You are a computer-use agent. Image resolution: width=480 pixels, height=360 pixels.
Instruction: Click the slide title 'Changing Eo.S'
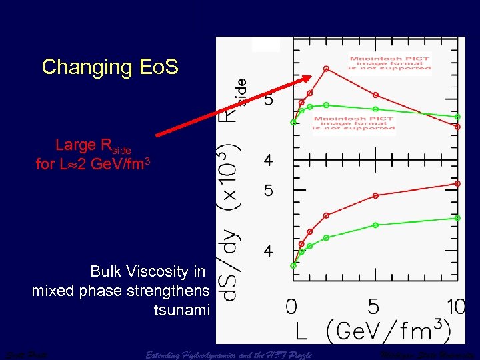pos(110,67)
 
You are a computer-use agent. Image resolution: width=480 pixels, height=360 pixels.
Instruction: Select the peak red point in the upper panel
pos(326,68)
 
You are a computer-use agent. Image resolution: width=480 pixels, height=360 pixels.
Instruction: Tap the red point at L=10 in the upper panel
pos(457,126)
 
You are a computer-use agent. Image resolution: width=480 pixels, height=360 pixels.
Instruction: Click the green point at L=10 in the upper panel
pos(457,117)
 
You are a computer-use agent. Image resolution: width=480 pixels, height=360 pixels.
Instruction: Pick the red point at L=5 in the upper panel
pos(375,95)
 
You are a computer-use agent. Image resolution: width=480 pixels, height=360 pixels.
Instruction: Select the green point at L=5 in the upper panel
pos(375,108)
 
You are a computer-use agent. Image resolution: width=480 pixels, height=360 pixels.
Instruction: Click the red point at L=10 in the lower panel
pos(457,183)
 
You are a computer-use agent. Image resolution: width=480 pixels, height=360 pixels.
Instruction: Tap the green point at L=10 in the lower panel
pos(457,217)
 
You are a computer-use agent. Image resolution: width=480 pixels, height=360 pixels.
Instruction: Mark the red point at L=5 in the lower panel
pos(375,195)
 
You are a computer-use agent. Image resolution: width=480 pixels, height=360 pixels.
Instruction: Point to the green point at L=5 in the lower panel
pos(375,225)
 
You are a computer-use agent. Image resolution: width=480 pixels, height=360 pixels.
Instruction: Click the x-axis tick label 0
pos(291,307)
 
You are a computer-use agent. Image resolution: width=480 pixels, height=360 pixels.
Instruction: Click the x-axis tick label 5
pos(374,307)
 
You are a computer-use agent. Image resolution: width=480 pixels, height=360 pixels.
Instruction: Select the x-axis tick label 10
pos(456,307)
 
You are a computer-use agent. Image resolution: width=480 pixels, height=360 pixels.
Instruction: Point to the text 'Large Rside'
pos(93,145)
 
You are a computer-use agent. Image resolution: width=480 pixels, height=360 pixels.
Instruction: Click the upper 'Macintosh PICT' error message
pos(390,63)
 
